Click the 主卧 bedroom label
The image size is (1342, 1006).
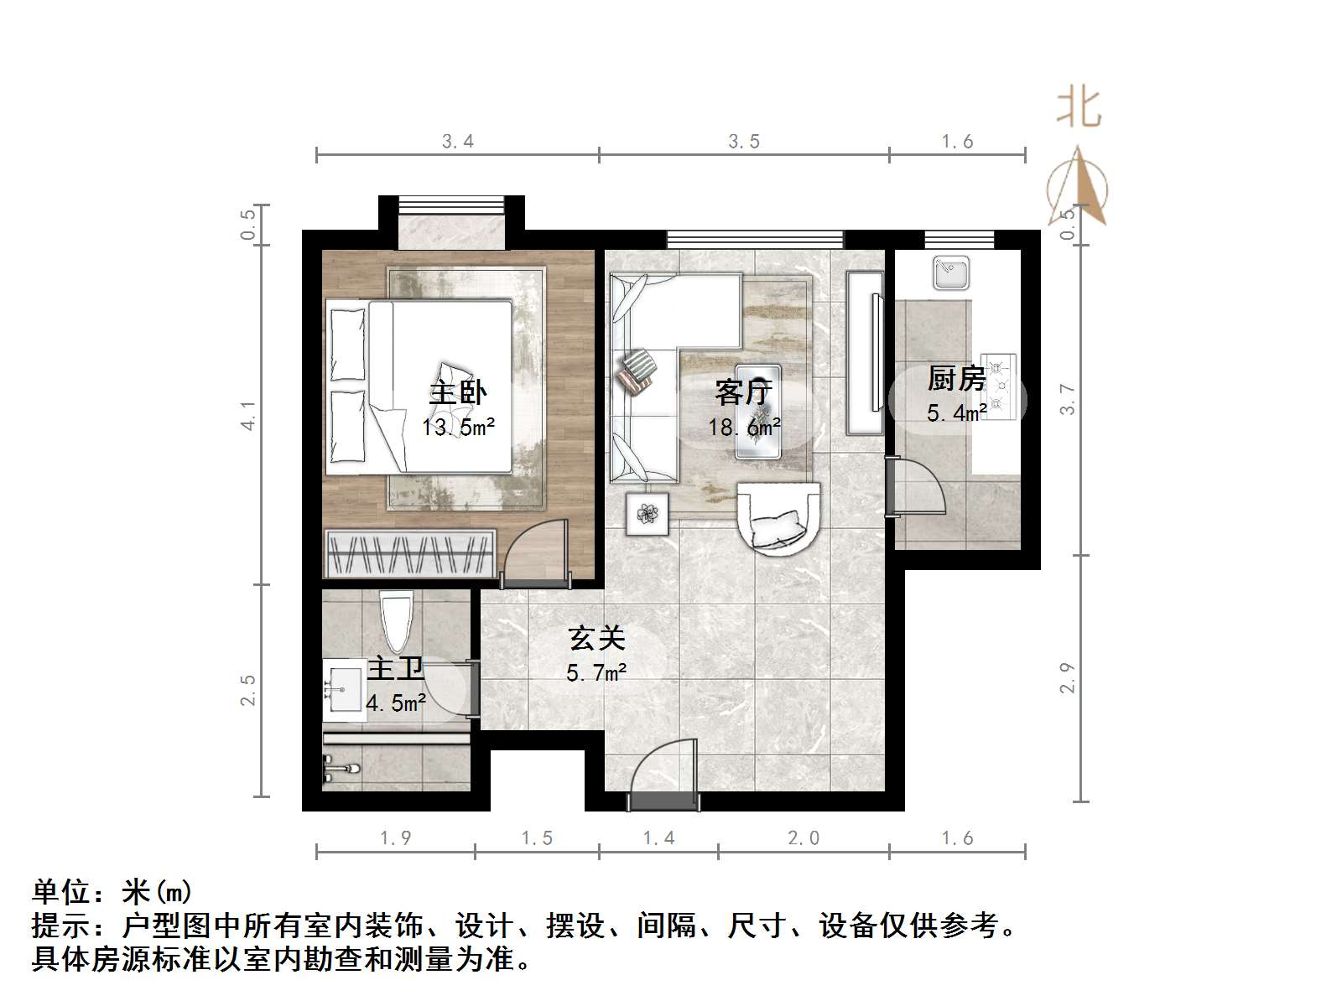(457, 392)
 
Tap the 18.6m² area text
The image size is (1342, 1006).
(744, 428)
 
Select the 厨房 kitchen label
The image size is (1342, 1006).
(955, 379)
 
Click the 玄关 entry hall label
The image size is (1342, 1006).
(596, 639)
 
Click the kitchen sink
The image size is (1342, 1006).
(951, 272)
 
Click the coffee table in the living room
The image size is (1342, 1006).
(757, 411)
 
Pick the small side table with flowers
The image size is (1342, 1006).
(648, 513)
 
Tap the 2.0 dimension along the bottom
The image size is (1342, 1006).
(803, 837)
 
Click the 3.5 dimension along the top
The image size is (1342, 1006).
(743, 142)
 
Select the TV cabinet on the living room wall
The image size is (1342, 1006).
(864, 352)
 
